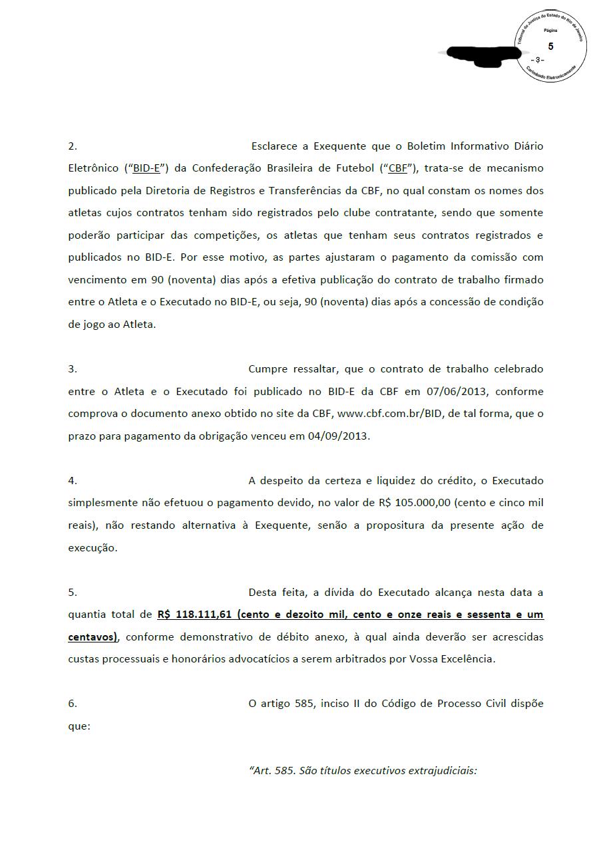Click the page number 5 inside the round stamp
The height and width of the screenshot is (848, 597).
tap(550, 46)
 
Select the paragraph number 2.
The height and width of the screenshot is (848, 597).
tap(73, 146)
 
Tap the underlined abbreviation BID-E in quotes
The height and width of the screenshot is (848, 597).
tap(146, 168)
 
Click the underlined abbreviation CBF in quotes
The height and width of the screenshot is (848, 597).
tap(397, 168)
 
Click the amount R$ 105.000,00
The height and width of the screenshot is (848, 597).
tap(415, 503)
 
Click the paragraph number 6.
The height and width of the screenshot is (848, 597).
tap(73, 703)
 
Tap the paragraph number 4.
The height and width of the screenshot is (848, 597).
tap(73, 480)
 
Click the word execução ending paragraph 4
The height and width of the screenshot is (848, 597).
tap(93, 548)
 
